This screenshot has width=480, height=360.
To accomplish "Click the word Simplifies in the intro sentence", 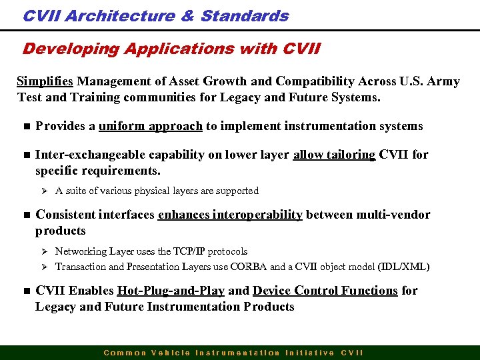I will point(45,81).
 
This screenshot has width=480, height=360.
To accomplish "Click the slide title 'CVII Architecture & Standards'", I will point(155,16).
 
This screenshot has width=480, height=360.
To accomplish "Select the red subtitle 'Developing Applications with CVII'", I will point(171,49).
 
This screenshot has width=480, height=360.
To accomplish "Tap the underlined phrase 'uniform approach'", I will point(150,126).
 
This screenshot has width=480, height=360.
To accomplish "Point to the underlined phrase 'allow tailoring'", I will point(334,155).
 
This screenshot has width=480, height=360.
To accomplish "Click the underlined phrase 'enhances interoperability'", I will point(230,215).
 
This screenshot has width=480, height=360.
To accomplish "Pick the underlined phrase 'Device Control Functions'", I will point(325,291).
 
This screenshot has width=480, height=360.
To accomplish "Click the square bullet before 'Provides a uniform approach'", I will point(22,127).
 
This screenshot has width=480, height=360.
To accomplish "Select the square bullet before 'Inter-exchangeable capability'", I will point(22,155).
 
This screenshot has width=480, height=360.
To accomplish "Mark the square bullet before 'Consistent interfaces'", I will point(22,215).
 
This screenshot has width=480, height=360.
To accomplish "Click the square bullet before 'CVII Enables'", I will point(22,291).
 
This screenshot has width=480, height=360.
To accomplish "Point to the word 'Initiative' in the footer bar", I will point(309,353).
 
